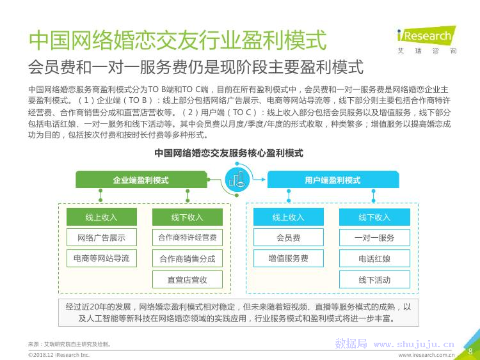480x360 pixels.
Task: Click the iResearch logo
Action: coord(426,40)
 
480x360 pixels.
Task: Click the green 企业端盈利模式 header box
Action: coord(141,180)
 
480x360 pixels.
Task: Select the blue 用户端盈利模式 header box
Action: coord(333,180)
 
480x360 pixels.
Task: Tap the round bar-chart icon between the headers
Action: coord(237,180)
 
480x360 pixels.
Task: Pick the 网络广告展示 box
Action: coord(102,237)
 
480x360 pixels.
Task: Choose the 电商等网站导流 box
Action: coord(102,258)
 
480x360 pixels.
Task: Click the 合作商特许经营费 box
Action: coord(188,237)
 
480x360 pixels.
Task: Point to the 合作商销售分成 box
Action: coord(188,259)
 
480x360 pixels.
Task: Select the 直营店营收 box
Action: coord(188,279)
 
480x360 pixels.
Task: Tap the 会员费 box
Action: coord(289,237)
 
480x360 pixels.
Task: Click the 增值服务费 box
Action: coord(289,258)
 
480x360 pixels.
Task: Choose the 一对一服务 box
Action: coord(374,237)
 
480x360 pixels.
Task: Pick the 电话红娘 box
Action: coord(374,259)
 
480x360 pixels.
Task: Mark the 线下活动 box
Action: coord(374,279)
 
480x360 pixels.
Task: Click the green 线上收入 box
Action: coord(102,217)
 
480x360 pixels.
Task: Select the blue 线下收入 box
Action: coord(374,217)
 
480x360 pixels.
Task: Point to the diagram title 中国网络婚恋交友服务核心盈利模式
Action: coord(228,153)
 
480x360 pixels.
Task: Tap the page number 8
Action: coord(470,351)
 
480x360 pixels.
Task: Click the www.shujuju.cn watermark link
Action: coord(414,345)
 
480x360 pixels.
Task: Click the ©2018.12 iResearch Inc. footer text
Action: coord(59,355)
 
